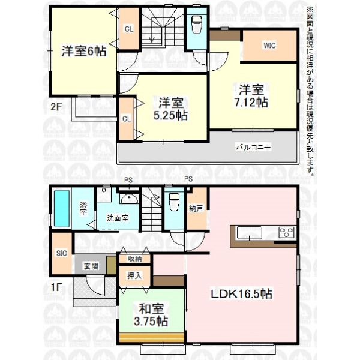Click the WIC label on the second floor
269,46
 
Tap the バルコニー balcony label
253,147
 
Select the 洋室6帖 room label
84,51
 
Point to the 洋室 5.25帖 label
170,109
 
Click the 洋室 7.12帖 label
251,96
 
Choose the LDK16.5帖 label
242,293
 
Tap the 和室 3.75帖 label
151,315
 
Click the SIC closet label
62,253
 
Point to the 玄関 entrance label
91,266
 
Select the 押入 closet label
134,275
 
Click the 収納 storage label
135,259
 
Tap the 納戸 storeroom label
196,209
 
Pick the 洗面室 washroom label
118,218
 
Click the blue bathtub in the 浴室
62,208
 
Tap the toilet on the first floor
174,202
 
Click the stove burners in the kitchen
286,232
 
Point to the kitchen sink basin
250,232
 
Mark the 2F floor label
56,107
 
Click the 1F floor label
56,287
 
